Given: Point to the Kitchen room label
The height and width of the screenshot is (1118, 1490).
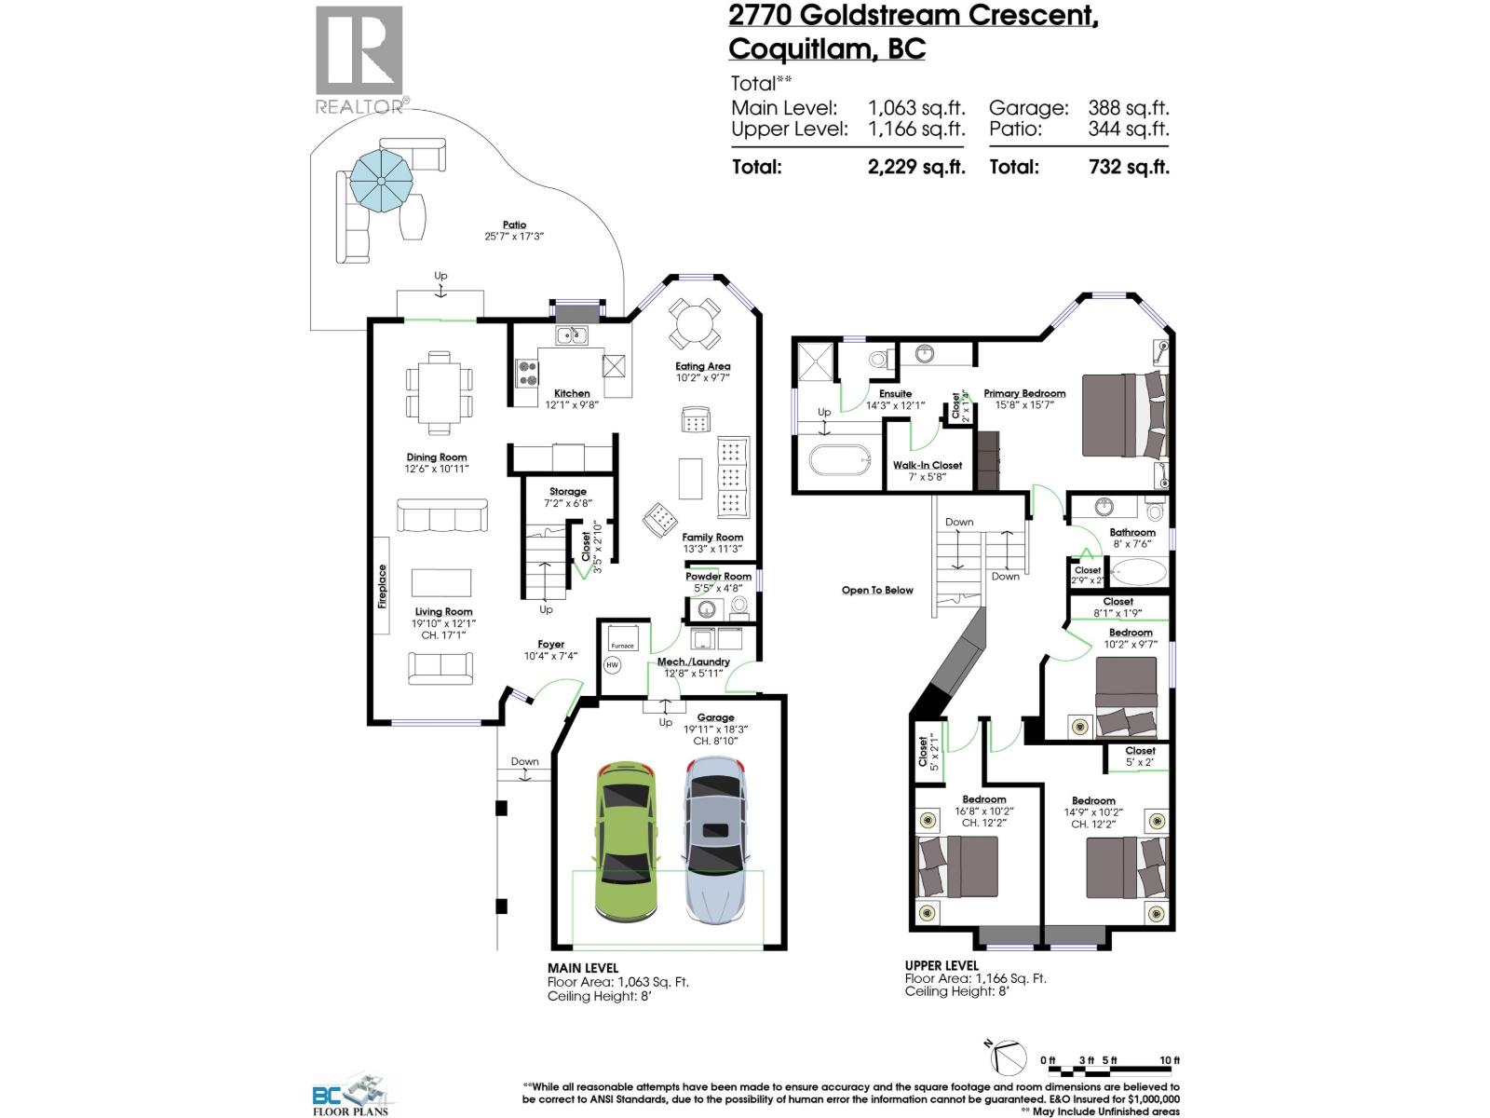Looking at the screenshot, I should click(x=572, y=393).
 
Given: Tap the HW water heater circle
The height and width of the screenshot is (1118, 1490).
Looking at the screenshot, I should click(x=612, y=665).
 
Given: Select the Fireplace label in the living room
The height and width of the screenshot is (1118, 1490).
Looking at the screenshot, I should click(x=383, y=587).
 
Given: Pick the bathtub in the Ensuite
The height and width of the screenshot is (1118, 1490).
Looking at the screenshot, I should click(x=839, y=461).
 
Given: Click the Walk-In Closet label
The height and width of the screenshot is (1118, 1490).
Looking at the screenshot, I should click(x=927, y=465).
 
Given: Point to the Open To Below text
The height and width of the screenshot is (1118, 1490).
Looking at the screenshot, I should click(x=877, y=590).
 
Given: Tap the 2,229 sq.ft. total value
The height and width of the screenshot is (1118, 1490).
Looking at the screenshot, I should click(x=916, y=167).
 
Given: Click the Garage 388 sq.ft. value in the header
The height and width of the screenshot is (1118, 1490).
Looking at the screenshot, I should click(x=1129, y=108).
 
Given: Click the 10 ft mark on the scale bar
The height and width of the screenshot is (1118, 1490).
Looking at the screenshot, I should click(x=1170, y=1061).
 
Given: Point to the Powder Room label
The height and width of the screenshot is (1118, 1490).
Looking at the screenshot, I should click(x=718, y=576).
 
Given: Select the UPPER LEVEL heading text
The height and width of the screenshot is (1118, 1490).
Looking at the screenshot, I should click(x=941, y=965).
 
